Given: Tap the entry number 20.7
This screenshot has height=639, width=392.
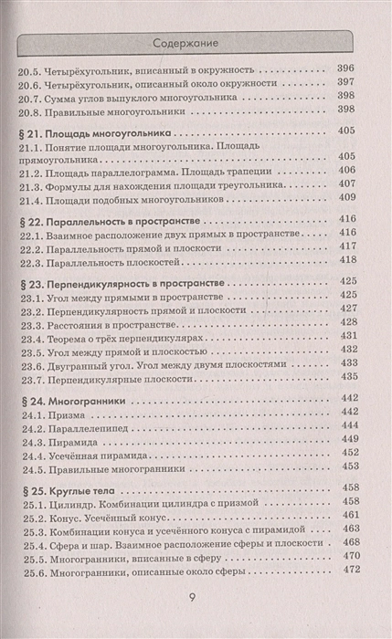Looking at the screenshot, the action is [31, 95].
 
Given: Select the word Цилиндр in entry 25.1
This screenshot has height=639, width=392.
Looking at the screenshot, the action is [74, 502].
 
